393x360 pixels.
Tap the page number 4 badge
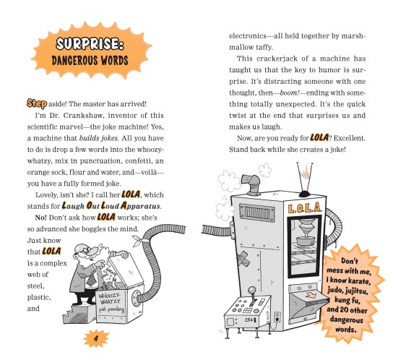click(x=96, y=339)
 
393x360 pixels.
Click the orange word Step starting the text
click(x=37, y=103)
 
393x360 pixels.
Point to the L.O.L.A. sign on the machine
click(x=304, y=208)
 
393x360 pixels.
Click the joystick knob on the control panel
click(x=251, y=291)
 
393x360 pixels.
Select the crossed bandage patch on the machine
click(x=243, y=259)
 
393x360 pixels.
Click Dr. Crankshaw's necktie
click(x=92, y=279)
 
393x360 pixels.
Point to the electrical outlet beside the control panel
click(x=277, y=317)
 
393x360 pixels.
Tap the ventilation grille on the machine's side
click(x=256, y=213)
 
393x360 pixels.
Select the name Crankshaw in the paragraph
click(x=82, y=116)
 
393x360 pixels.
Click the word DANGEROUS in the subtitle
click(x=74, y=61)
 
